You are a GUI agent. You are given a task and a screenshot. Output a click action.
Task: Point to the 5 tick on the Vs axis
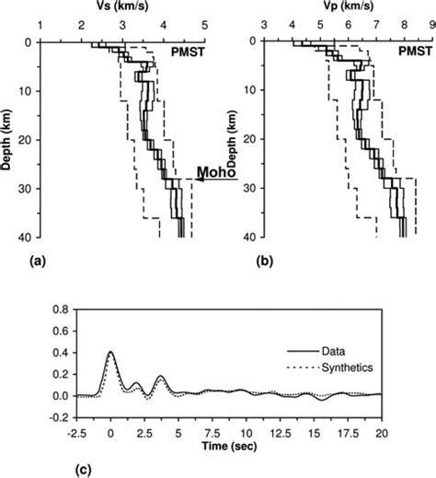click(x=204, y=25)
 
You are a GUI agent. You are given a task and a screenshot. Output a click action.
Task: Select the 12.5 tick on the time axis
click(x=314, y=428)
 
